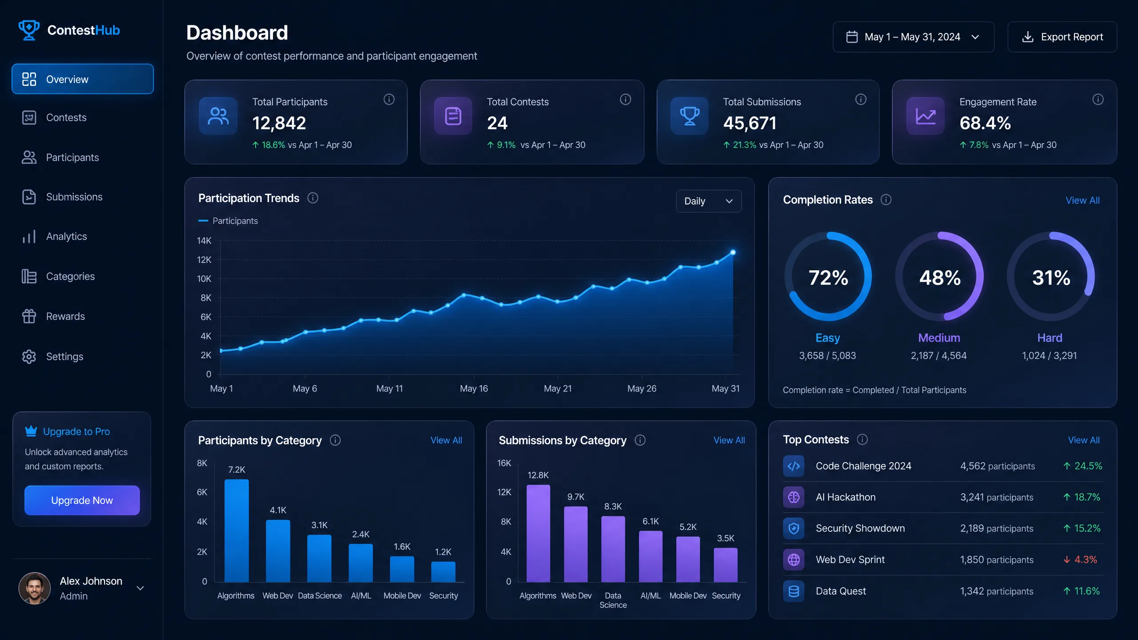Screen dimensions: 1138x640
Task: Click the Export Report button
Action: point(1062,37)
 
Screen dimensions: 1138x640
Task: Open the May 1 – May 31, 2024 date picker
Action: point(913,37)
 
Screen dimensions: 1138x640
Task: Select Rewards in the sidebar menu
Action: point(65,316)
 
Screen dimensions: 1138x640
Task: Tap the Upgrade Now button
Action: point(82,500)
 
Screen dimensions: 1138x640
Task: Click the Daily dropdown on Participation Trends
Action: point(709,201)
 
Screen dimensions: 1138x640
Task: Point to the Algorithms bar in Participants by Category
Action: point(236,531)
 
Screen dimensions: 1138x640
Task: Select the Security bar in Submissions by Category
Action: point(725,565)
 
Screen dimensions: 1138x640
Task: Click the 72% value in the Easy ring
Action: point(828,278)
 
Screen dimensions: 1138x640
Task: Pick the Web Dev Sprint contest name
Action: point(850,560)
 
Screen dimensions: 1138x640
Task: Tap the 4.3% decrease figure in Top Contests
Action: point(1086,560)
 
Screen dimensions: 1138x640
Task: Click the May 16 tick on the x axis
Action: point(474,388)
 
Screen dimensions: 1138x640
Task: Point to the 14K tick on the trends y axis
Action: point(204,240)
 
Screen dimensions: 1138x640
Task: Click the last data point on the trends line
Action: point(733,252)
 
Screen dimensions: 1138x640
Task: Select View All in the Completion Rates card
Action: point(1082,200)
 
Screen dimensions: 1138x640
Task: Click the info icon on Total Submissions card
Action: point(861,100)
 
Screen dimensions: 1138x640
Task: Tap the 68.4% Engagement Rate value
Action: point(985,123)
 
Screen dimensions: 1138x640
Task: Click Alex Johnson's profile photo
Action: point(34,588)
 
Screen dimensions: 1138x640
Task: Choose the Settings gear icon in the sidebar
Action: point(29,356)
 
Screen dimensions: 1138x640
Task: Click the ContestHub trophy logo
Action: point(29,30)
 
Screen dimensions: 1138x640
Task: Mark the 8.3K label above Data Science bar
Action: point(613,506)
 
